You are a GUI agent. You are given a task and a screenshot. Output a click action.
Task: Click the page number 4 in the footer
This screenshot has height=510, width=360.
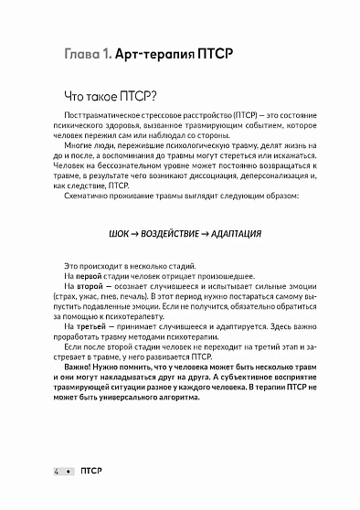point(58,469)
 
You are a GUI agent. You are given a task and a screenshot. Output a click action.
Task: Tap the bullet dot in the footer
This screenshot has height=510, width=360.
point(68,469)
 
